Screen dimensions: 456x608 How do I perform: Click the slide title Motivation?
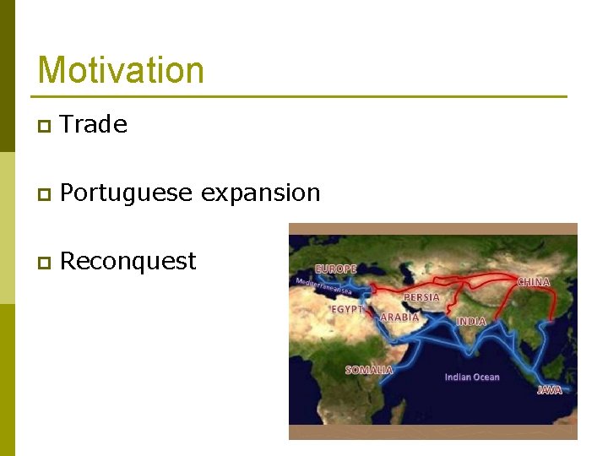[x=121, y=70]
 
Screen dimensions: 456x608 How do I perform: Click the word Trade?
[x=94, y=125]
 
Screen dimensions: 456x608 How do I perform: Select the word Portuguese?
[x=127, y=193]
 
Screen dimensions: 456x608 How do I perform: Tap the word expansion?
[x=261, y=193]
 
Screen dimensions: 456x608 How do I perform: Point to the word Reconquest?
[x=128, y=262]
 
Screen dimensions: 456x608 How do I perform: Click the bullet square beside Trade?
[x=44, y=127]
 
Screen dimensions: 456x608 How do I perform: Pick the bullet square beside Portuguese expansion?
[x=44, y=195]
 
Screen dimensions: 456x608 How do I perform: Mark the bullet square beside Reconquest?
[x=44, y=263]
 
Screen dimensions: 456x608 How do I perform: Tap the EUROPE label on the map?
[x=335, y=269]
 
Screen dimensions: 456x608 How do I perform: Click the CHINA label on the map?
[x=533, y=282]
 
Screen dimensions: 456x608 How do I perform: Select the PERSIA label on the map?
[x=421, y=297]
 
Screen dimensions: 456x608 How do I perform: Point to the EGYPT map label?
[x=346, y=310]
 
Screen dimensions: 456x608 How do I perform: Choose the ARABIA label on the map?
[x=399, y=318]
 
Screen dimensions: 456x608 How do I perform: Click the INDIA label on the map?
[x=471, y=322]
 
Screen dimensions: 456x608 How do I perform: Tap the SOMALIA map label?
[x=369, y=370]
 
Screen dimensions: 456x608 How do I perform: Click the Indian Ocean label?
[x=472, y=377]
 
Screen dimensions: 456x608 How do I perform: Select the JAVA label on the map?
[x=550, y=390]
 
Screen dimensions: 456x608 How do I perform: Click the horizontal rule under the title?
[x=301, y=96]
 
